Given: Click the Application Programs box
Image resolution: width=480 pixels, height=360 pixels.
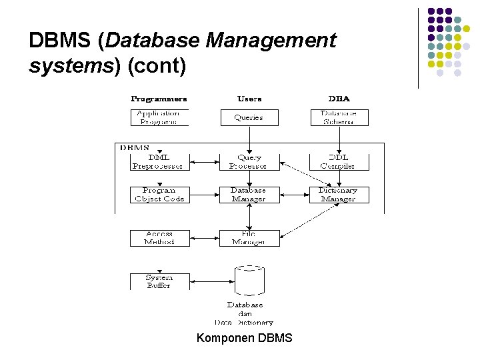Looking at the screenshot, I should (159, 118).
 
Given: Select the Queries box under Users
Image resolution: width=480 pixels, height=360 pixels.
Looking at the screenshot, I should (249, 118).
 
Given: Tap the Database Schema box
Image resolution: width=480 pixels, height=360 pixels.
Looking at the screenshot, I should (339, 118).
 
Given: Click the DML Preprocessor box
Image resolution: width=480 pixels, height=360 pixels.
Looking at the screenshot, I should (159, 162).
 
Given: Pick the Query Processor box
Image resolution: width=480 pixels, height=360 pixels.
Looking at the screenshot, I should (249, 162).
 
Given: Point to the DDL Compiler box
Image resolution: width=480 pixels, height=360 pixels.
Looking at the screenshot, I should (339, 162).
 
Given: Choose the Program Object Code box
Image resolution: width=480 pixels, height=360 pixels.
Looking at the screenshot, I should (159, 195).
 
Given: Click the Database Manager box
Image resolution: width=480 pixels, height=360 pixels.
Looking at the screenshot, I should (249, 195).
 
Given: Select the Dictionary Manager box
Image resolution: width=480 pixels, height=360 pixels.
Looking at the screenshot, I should (339, 195).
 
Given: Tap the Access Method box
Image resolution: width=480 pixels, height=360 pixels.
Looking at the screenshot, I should (159, 238).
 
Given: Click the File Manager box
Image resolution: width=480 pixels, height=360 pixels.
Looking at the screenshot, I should (249, 238).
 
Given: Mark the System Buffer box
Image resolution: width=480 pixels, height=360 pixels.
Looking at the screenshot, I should (159, 281).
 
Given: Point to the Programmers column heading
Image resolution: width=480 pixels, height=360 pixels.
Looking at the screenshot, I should (159, 99).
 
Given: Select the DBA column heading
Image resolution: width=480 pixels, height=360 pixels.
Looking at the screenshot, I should (339, 99).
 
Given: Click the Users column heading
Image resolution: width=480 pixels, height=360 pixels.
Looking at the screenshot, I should (249, 99).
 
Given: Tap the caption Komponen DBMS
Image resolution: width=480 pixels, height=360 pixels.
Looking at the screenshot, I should (244, 338).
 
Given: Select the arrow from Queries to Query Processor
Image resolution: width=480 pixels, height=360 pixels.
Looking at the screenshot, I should (249, 140).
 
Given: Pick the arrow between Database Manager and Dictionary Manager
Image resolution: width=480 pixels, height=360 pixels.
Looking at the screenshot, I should (294, 195).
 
